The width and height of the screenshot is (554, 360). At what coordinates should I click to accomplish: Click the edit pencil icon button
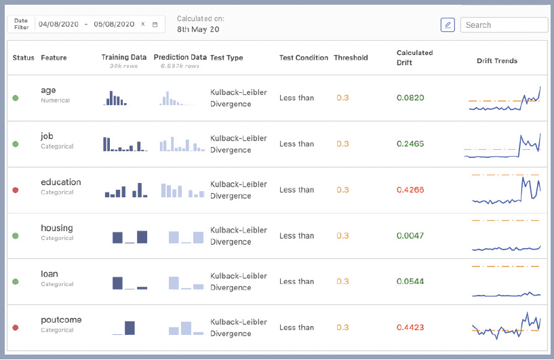(x=448, y=24)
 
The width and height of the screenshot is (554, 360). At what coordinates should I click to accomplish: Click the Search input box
(x=504, y=24)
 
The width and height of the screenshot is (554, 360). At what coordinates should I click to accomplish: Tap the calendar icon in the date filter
(x=155, y=24)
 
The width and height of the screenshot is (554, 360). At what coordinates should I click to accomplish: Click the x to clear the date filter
(x=143, y=24)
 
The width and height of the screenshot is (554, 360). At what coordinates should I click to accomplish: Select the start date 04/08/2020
(x=58, y=24)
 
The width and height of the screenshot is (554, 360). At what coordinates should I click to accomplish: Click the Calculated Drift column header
(x=414, y=58)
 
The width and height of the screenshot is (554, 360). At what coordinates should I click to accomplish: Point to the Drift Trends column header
(x=497, y=61)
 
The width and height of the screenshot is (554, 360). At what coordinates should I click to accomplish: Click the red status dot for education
(x=16, y=190)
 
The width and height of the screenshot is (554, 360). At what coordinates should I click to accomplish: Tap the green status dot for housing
(x=16, y=236)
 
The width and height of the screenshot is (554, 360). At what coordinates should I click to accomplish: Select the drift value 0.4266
(x=410, y=190)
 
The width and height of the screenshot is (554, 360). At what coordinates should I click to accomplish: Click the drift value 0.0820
(x=410, y=98)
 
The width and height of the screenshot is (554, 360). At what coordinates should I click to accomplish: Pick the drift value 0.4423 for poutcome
(x=410, y=327)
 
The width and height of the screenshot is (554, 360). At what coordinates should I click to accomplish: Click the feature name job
(x=47, y=136)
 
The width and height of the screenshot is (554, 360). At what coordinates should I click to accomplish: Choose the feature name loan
(x=50, y=274)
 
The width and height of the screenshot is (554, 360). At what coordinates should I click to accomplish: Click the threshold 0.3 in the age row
(x=342, y=98)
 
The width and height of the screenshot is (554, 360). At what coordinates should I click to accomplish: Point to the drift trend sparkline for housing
(x=506, y=248)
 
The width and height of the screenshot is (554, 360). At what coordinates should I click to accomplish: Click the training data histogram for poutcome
(x=123, y=328)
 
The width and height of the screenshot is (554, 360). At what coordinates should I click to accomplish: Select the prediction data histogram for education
(x=182, y=191)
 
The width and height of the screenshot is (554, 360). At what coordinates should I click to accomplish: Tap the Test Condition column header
(x=304, y=58)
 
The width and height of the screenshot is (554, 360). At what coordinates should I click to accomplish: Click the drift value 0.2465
(x=410, y=144)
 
